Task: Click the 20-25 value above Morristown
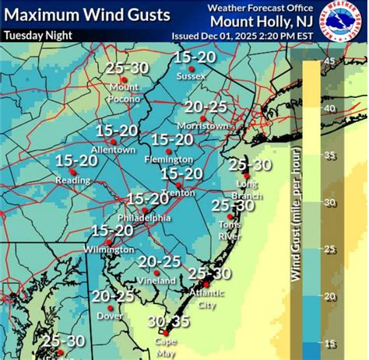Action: click(x=206, y=107)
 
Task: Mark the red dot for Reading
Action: click(x=71, y=171)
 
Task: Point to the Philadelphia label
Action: click(x=143, y=218)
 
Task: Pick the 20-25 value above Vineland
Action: click(x=160, y=260)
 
